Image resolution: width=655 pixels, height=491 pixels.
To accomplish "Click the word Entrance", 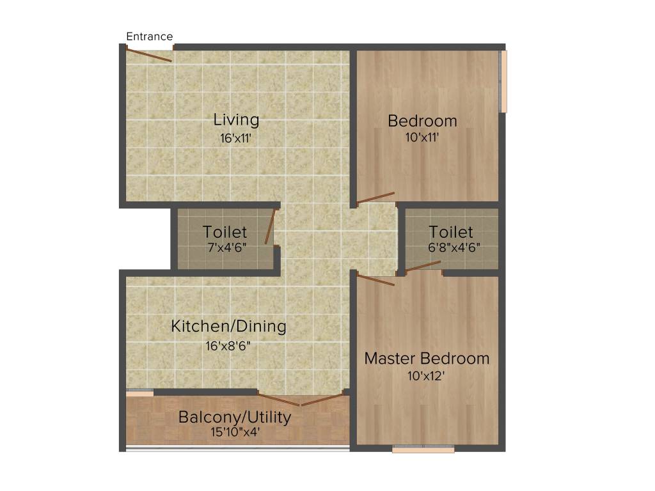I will tap(149, 36).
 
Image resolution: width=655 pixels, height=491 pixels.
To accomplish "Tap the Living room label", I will tap(236, 120).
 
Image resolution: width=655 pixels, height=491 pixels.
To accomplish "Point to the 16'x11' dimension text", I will tap(236, 137).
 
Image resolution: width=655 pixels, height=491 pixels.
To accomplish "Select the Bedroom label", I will tap(422, 121).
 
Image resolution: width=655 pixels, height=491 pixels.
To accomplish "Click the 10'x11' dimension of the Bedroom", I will tap(422, 137).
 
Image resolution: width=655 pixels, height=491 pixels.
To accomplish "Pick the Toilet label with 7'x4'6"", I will tap(225, 232).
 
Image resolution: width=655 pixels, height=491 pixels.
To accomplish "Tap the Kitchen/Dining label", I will tap(228, 327).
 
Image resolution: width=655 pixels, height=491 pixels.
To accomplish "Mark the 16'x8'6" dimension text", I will tap(228, 347).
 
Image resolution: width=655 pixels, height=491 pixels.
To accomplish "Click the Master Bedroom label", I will tap(427, 359).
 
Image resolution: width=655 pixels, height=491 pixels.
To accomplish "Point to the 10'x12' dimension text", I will tap(426, 376).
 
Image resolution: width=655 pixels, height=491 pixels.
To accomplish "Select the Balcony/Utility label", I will tap(235, 417).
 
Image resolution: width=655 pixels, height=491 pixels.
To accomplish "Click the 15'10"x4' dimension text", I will tap(235, 432).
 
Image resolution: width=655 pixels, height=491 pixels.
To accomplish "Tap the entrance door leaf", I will tap(148, 55).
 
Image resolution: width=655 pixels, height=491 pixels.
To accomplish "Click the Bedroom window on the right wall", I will tap(503, 81).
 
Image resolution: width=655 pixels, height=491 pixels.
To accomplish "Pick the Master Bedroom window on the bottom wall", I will tap(423, 449).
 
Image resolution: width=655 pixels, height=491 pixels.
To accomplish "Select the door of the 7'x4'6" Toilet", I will tap(270, 228).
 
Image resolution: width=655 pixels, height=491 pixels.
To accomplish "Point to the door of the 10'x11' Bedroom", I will tap(375, 198).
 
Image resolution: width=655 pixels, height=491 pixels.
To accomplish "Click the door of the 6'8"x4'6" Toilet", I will tap(423, 267).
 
